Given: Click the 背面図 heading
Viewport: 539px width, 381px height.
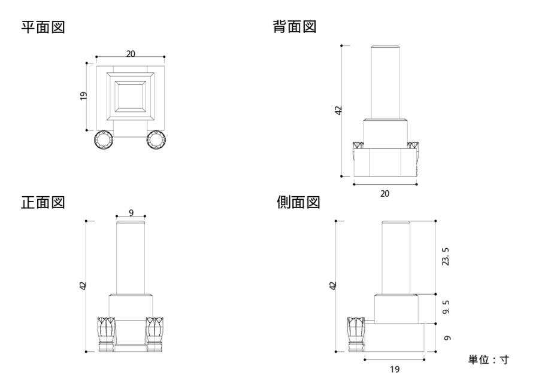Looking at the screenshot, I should point(295,28).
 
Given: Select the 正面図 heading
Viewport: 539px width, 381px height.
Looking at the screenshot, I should point(43,203).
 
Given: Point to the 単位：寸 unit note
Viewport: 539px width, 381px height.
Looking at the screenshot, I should point(488,359).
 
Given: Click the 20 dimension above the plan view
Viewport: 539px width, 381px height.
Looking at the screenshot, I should point(131,54).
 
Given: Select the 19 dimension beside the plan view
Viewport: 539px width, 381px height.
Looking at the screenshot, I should point(83,96).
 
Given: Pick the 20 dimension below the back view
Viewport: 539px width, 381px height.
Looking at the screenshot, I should point(385,193).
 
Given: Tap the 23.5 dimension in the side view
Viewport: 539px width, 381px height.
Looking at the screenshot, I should point(446,257).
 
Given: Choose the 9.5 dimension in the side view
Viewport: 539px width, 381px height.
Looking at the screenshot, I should point(446,308).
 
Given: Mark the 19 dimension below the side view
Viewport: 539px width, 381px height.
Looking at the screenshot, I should point(394,369).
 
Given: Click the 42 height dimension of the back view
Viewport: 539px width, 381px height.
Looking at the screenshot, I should point(338,110).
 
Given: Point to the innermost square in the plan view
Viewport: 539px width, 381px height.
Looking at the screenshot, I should point(131,96).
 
